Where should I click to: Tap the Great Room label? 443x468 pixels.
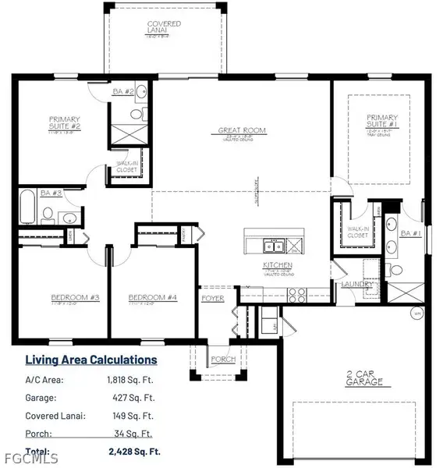coord(242,130)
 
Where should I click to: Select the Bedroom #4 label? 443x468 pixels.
coord(147,297)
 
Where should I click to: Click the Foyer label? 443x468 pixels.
coord(213,297)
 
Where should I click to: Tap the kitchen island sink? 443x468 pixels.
coord(271,247)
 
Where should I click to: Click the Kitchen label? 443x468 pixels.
coord(277,266)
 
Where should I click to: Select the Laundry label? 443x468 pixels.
coord(355,284)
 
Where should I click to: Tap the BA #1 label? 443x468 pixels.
coord(410,232)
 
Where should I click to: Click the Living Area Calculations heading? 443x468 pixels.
coord(91,360)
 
